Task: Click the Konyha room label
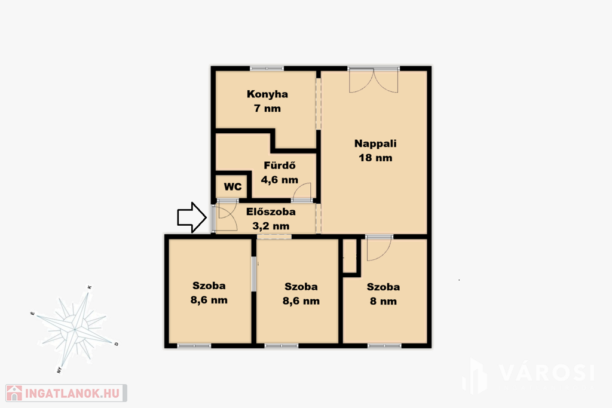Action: tap(267, 94)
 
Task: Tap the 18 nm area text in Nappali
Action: tap(375, 158)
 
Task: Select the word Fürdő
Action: tap(280, 165)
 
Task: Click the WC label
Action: tap(232, 186)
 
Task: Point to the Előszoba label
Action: tap(271, 212)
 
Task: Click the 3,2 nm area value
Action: tap(271, 226)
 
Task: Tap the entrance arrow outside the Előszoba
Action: tap(192, 217)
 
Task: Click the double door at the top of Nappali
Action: tap(374, 80)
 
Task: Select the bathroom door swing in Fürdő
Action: tap(302, 192)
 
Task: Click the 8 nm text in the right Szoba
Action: tap(383, 301)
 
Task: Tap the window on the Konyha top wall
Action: tap(267, 69)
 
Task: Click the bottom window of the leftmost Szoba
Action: tap(194, 346)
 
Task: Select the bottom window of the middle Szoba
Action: tap(281, 346)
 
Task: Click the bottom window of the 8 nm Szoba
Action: tap(384, 346)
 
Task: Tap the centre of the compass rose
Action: tap(74, 330)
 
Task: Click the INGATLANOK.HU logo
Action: tap(66, 393)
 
